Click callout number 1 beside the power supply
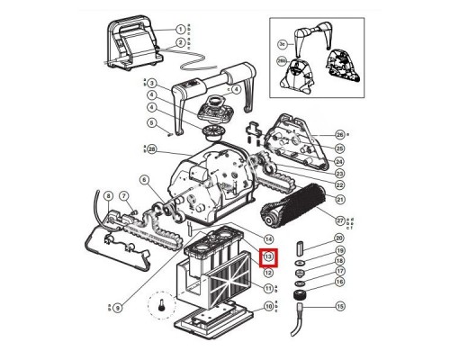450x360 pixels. (181, 30)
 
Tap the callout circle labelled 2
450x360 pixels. (181, 42)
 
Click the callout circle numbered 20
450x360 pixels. (339, 237)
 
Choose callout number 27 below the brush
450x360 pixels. (339, 220)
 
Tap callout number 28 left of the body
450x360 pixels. (152, 148)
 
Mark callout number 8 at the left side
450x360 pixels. (108, 195)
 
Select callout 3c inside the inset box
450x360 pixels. (281, 41)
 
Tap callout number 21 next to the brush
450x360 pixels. (339, 198)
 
